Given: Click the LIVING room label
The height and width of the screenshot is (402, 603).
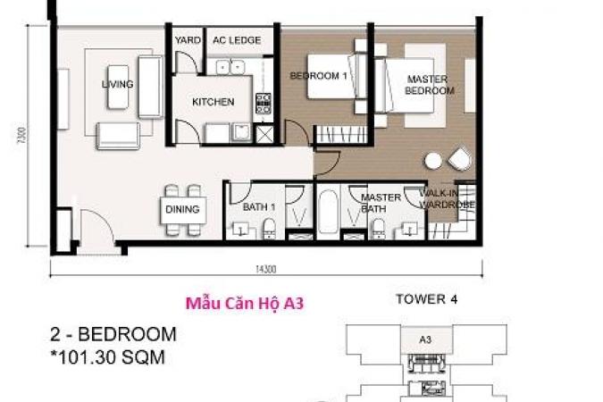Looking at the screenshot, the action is point(118,84).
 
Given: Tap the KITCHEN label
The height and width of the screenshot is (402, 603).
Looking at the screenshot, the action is point(213,102).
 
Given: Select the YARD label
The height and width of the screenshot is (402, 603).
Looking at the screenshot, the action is point(188,40).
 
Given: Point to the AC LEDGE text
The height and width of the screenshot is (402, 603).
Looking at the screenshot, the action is point(237,40).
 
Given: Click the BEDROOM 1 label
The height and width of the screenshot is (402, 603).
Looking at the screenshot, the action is point(318,76).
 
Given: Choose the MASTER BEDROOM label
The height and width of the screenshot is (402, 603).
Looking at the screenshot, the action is point(429,85).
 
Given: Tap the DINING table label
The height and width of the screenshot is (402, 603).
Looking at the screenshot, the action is point(182,209).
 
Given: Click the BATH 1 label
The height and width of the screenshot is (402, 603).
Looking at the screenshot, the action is point(259,207).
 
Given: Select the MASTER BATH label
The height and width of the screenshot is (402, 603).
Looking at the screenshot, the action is point(381,203).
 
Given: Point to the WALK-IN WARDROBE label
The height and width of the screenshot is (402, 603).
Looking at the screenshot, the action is point(447,199).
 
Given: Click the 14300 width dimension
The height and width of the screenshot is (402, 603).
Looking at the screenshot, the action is point(265,269).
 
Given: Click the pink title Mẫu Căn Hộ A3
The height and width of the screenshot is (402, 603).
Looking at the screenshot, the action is point(245,303).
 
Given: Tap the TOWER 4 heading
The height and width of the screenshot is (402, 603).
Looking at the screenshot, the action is point(427,299).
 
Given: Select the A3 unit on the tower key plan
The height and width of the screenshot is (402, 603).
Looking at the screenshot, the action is point(426,340).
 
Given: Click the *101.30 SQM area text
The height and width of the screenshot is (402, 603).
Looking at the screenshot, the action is point(108,357).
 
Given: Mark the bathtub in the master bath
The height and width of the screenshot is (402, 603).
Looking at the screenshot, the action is point(328,212).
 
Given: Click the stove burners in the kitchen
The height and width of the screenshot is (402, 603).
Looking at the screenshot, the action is point(264,104).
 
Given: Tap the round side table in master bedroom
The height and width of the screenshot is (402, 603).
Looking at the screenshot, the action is point(433,161).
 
